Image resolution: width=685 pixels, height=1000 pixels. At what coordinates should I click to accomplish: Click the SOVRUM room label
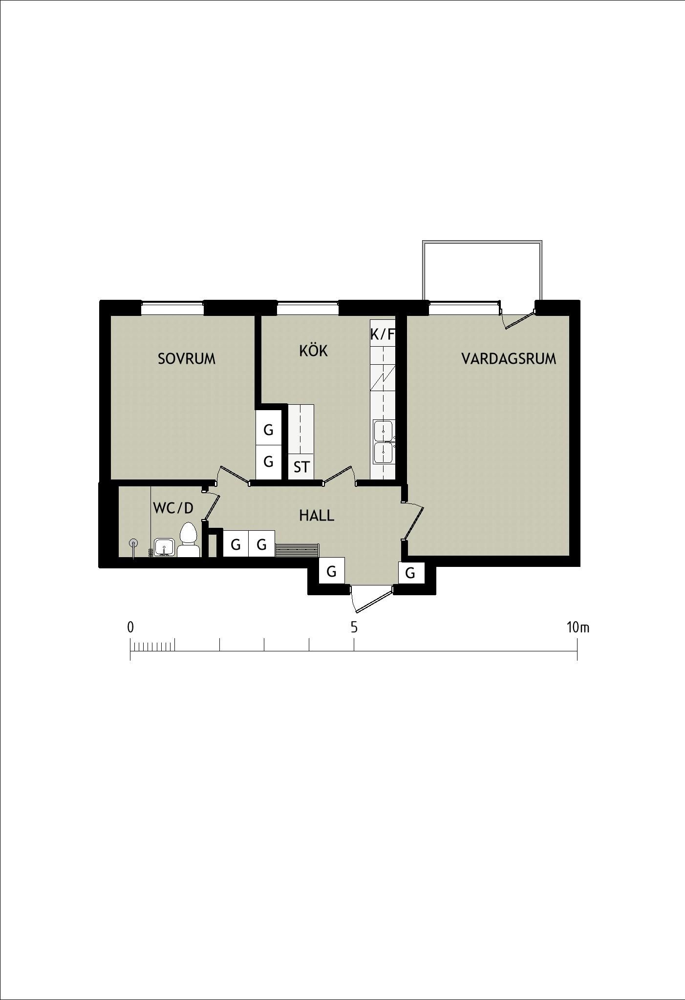click(187, 359)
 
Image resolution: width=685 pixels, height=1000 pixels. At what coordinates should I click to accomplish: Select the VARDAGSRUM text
click(509, 359)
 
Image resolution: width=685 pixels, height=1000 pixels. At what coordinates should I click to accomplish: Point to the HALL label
click(317, 516)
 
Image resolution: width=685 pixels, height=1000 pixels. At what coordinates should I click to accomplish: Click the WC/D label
click(173, 508)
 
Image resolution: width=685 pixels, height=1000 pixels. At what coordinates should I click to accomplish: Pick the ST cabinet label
click(301, 467)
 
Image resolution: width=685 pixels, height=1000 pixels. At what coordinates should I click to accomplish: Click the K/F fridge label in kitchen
click(382, 334)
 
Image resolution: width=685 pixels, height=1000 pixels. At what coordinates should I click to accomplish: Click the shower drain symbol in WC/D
click(133, 543)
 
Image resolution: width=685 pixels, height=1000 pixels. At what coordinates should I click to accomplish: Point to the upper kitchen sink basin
click(384, 431)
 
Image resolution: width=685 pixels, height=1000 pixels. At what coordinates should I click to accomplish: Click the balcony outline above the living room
click(482, 242)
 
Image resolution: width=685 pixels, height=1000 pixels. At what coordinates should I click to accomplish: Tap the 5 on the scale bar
click(354, 627)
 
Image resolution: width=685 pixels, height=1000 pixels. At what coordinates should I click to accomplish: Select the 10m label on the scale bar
click(578, 627)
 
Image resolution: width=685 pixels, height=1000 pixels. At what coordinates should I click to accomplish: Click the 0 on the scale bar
click(130, 627)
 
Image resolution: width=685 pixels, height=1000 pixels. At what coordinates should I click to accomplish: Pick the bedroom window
click(172, 309)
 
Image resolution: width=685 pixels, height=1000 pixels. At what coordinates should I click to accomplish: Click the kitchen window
click(308, 309)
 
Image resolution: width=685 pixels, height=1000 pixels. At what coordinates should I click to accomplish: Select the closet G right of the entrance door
click(410, 573)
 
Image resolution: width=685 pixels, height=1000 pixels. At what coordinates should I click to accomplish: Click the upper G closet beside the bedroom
click(268, 430)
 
